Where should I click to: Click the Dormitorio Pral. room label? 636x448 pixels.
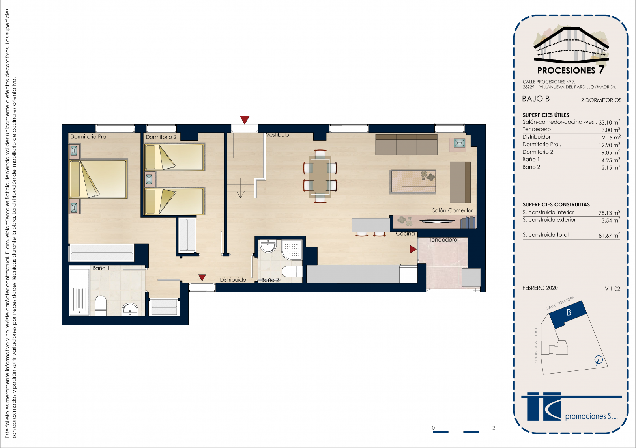point(90,137)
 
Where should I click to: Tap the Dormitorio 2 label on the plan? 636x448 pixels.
point(161,137)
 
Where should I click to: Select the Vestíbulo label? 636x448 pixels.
point(277,135)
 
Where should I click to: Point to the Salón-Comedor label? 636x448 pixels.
point(452,210)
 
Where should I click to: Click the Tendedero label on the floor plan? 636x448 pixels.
point(443,240)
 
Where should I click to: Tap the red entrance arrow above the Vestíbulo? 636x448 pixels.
point(245,120)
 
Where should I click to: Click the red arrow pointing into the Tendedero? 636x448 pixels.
point(413,249)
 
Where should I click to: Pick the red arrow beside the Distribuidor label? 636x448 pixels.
point(202,277)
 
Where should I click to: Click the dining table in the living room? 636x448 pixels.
point(320,177)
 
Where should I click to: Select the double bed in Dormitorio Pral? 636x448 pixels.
point(98,179)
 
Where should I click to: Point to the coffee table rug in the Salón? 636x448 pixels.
point(413,182)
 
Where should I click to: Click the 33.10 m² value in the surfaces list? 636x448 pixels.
point(609,122)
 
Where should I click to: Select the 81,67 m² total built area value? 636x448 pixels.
point(609,235)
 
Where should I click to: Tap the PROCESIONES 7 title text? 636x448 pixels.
point(571,70)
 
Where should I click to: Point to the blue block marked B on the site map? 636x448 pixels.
point(568,314)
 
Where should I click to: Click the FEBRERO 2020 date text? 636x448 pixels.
point(540,288)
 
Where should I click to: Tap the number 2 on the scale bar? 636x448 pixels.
point(494,428)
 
